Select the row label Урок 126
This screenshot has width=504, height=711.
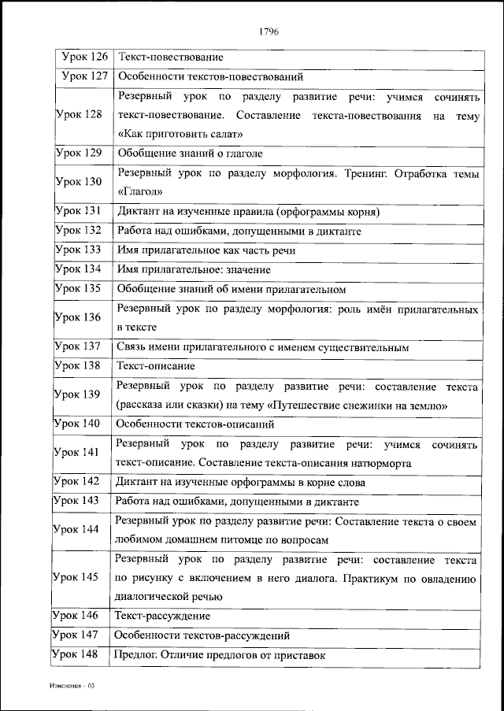click(84, 57)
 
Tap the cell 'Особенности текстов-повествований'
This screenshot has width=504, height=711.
click(209, 77)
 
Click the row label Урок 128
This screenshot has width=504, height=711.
click(79, 115)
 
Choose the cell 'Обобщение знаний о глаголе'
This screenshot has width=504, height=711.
click(190, 154)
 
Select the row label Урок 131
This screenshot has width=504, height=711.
click(79, 211)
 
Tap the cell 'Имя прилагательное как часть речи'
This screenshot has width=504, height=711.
click(206, 250)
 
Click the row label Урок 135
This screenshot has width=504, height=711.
click(79, 288)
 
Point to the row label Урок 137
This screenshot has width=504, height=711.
click(79, 346)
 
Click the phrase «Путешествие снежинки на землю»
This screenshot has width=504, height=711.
click(358, 405)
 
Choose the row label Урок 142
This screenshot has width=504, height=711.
click(76, 481)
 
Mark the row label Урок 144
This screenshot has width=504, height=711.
click(76, 529)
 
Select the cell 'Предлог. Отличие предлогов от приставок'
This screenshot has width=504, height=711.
click(220, 654)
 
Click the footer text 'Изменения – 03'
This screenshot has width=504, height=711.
click(70, 686)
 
